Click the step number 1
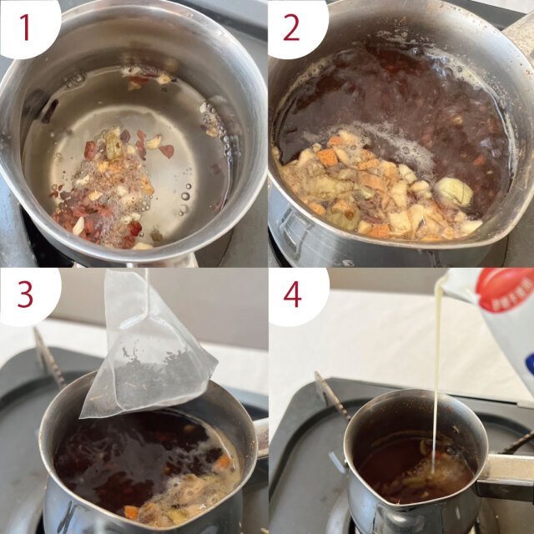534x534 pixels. [25, 28]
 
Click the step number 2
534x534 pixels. [291, 28]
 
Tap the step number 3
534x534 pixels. [25, 295]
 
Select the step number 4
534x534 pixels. [293, 295]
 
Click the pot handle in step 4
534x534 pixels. [504, 476]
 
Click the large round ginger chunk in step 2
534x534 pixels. [454, 192]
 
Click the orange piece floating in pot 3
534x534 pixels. [224, 462]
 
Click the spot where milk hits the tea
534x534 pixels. [434, 473]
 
